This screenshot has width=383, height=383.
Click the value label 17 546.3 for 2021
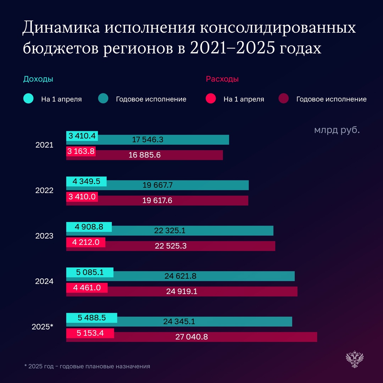coord(148,140)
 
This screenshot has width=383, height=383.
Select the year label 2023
coord(44,236)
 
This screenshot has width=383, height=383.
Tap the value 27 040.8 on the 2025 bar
coord(191,337)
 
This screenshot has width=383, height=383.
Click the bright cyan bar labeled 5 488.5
coord(91,318)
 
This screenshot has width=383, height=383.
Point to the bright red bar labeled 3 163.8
coord(81,151)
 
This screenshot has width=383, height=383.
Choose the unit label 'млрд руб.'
coord(337,130)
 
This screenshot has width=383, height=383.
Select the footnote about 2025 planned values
coord(87,366)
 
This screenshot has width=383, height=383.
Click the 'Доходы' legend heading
coord(38,79)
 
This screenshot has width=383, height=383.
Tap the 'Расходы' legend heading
coord(222,79)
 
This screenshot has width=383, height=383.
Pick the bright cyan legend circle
coord(28,99)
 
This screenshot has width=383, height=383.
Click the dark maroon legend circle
coord(284,99)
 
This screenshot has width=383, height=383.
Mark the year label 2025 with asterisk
coord(42,327)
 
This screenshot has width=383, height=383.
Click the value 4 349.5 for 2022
coord(86,182)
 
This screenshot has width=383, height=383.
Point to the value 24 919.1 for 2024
coord(182,292)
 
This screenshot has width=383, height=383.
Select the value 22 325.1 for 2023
coord(170,231)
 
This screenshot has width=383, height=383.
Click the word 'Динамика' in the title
coord(61,28)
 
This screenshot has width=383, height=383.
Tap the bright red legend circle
coord(211,99)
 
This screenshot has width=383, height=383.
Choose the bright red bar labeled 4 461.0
coord(87,288)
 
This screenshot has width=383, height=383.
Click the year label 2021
coord(44,145)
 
